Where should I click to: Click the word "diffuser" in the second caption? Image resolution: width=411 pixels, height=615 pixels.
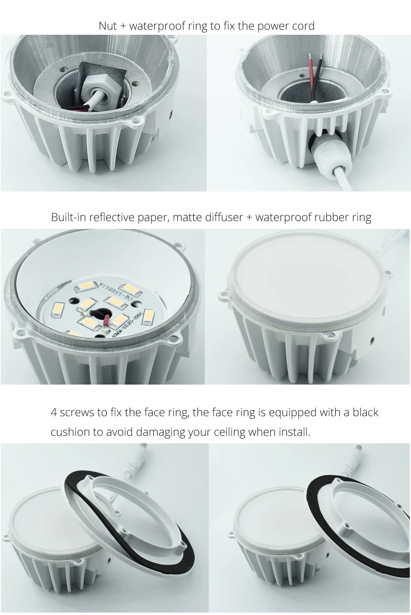click(224, 217)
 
